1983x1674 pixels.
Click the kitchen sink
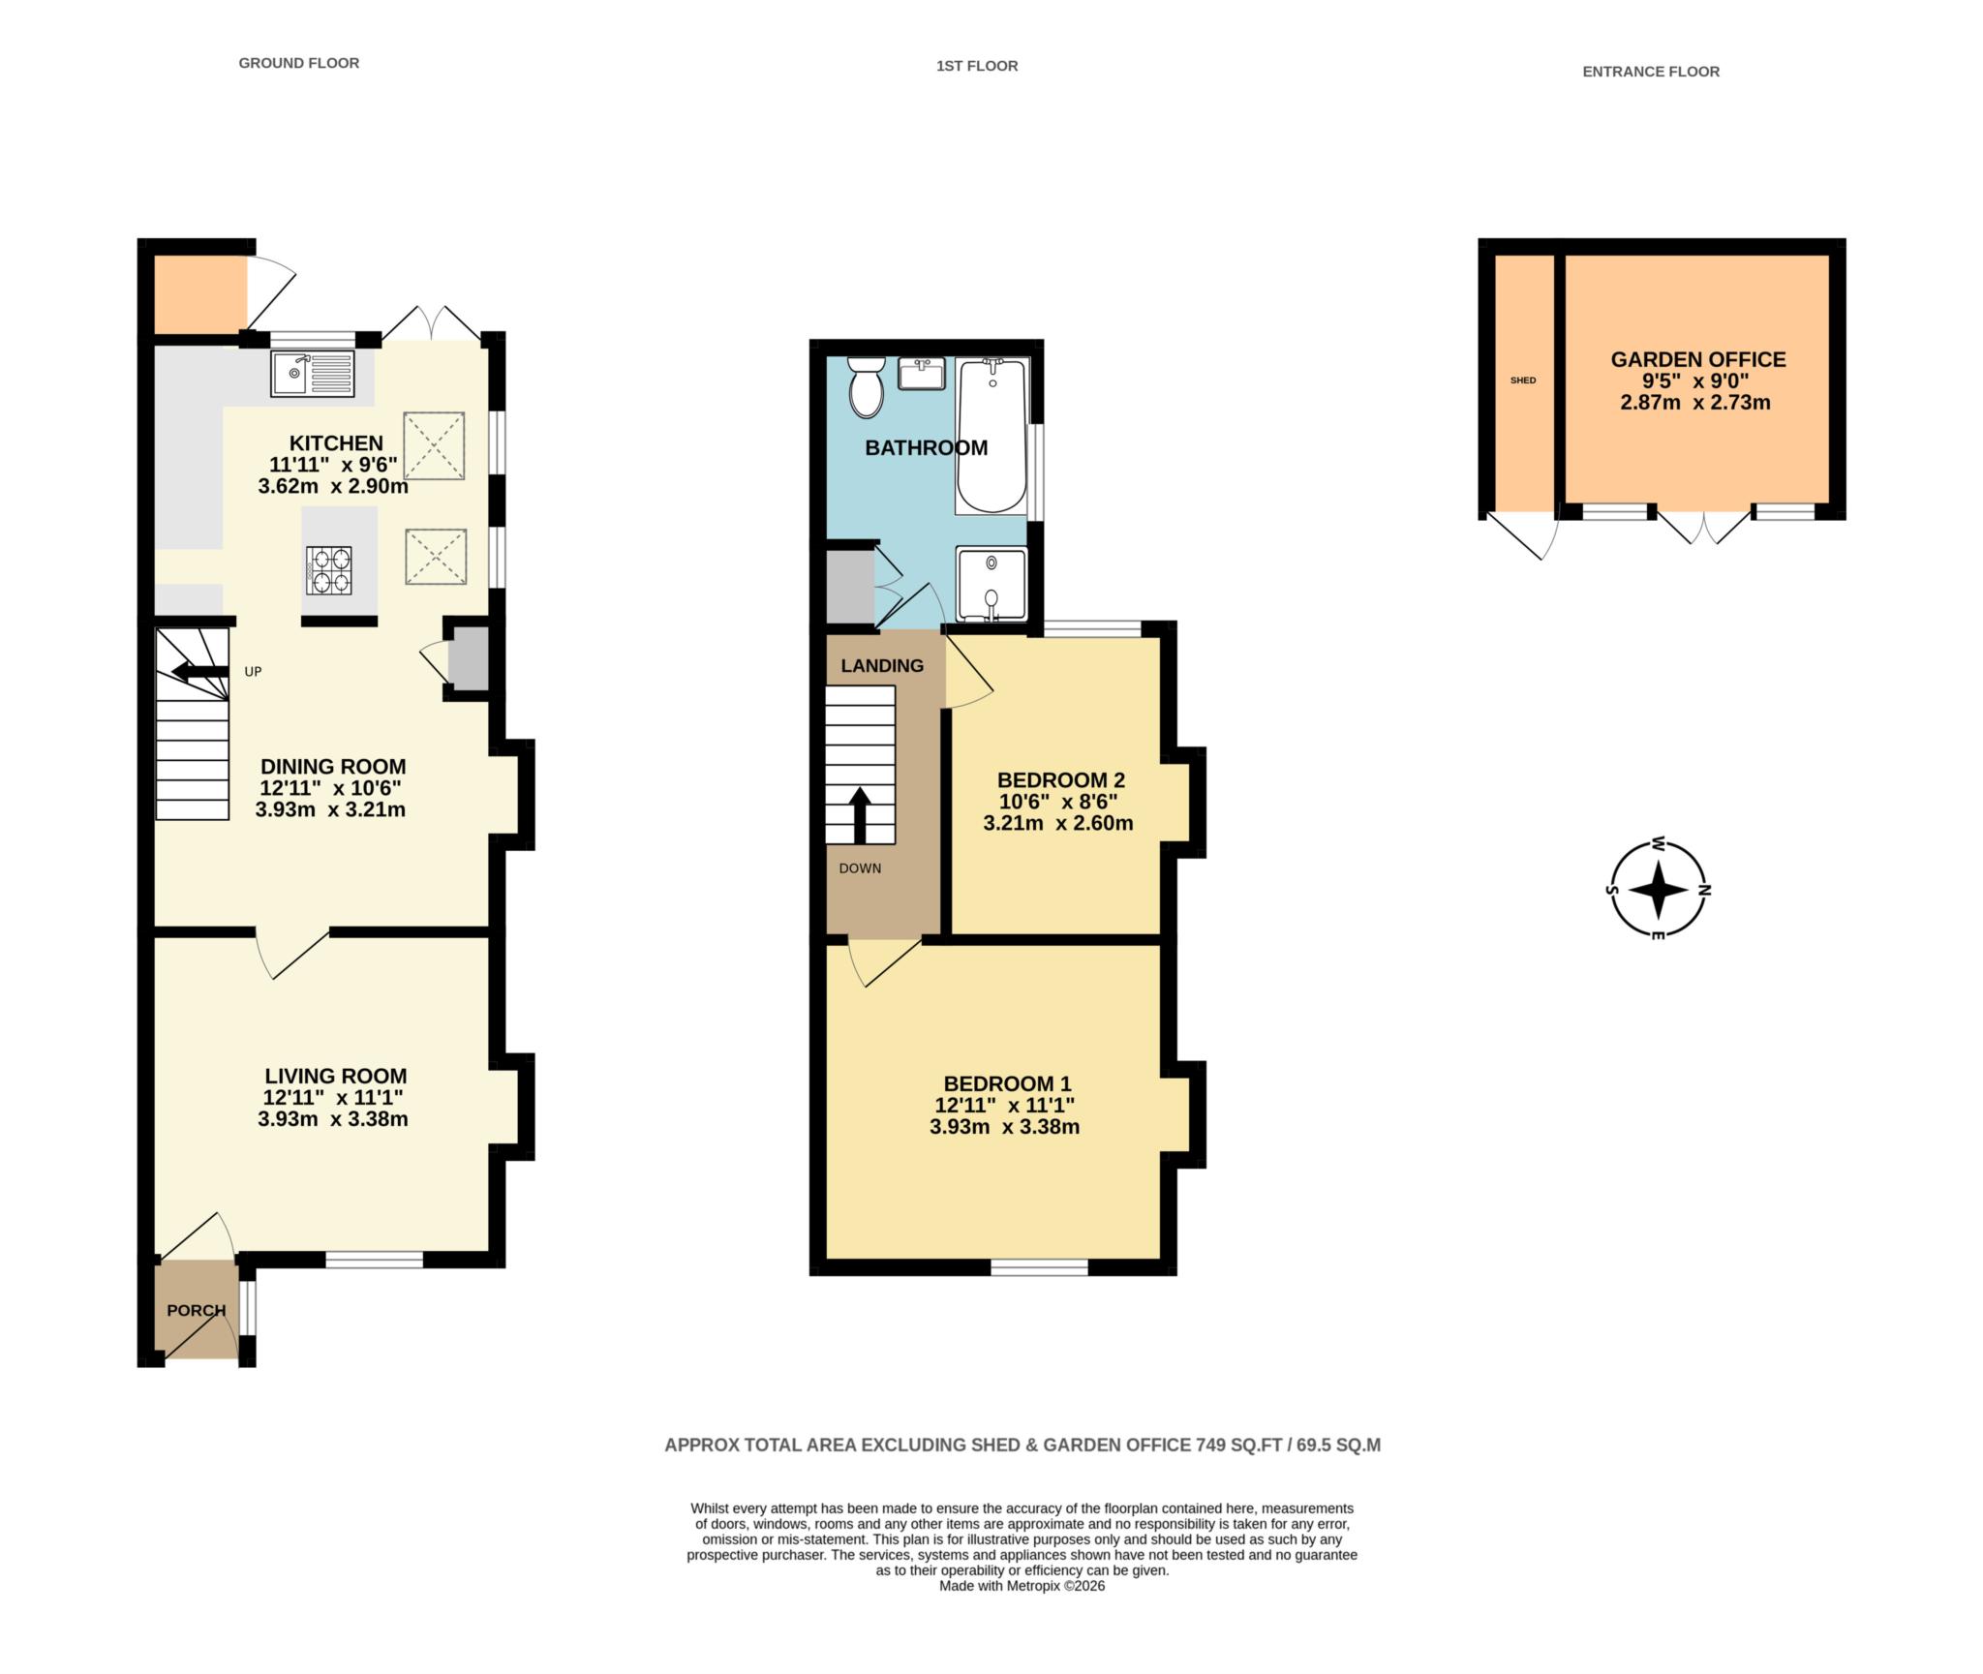tap(314, 374)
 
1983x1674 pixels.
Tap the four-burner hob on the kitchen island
tap(329, 570)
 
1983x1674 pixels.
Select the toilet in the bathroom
tap(866, 388)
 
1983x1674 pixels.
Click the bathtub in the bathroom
tap(991, 435)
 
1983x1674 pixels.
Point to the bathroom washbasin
tap(922, 373)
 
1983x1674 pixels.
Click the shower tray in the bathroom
tap(991, 584)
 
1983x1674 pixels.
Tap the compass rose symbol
tap(1658, 890)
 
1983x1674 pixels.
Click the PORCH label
tap(196, 1310)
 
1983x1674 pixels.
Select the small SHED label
tap(1523, 380)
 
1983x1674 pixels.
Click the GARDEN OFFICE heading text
tap(1697, 359)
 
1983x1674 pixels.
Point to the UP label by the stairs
tap(253, 671)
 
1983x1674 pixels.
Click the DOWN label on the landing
tap(860, 868)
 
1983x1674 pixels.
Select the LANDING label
tap(881, 665)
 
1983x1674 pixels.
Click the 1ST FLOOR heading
tap(976, 66)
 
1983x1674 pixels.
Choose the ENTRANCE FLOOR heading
tap(1650, 71)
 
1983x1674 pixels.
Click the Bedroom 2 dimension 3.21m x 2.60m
tap(1057, 824)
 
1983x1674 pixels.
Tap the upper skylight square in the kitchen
tap(434, 445)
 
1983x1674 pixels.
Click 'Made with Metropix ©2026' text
tap(1022, 1586)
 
